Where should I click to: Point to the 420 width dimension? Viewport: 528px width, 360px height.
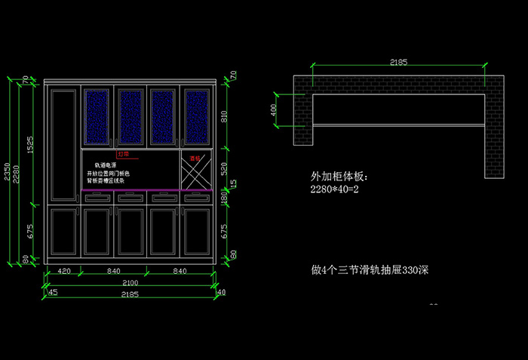point(64,271)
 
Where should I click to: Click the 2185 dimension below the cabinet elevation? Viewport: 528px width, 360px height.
point(130,294)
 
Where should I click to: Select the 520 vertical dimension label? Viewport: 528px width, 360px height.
point(223,168)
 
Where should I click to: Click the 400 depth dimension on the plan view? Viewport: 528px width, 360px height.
point(275,109)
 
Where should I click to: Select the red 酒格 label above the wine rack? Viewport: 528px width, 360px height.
point(195,158)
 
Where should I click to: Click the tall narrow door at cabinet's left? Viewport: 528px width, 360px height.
point(63,143)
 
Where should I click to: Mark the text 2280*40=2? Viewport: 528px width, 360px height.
point(336,189)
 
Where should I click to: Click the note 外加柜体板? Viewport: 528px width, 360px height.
point(338,177)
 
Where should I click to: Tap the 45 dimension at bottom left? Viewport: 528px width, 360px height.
point(53,293)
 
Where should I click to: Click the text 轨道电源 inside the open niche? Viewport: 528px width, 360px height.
point(105,165)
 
